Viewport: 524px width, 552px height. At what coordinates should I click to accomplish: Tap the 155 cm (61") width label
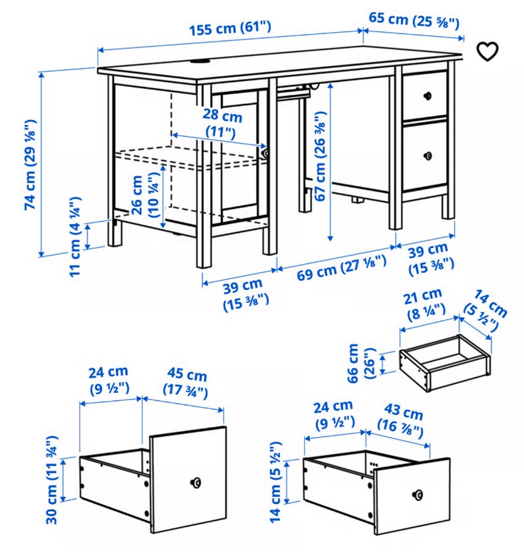point(231,28)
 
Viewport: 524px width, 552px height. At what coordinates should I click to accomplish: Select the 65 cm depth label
point(414,19)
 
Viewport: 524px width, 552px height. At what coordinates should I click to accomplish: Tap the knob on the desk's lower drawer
point(428,156)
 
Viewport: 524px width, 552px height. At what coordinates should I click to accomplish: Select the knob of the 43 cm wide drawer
point(417,495)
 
